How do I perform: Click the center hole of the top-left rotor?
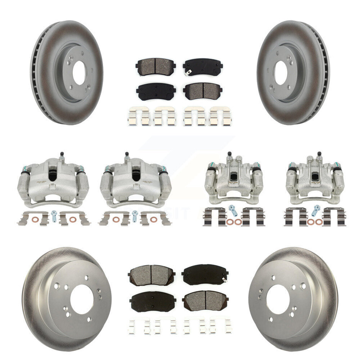pos(78,73)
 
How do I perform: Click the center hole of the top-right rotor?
pos(281,73)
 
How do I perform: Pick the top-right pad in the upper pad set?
pos(203,67)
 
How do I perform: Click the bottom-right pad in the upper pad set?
pos(203,91)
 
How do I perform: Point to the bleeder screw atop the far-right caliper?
pos(319,155)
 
